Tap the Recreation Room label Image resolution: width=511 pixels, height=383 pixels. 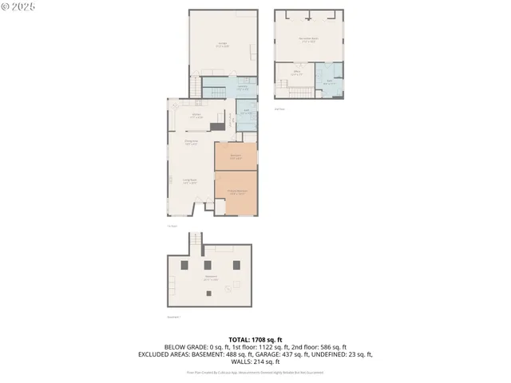coord(309,38)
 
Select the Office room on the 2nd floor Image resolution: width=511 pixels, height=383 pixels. coord(295,74)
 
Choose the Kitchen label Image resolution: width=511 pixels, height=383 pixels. coord(196,116)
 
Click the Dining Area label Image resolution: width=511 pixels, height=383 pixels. coord(192,144)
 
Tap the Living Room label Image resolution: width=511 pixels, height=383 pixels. coord(189,183)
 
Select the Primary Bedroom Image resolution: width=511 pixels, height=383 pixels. coord(236,192)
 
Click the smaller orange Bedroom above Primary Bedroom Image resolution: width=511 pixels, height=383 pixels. coord(236,156)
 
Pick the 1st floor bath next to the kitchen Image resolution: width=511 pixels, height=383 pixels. coord(248,113)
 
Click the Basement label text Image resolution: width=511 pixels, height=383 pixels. coord(211,278)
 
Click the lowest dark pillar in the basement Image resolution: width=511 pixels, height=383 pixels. coord(210,293)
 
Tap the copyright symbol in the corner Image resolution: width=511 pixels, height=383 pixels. coord(5,6)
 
